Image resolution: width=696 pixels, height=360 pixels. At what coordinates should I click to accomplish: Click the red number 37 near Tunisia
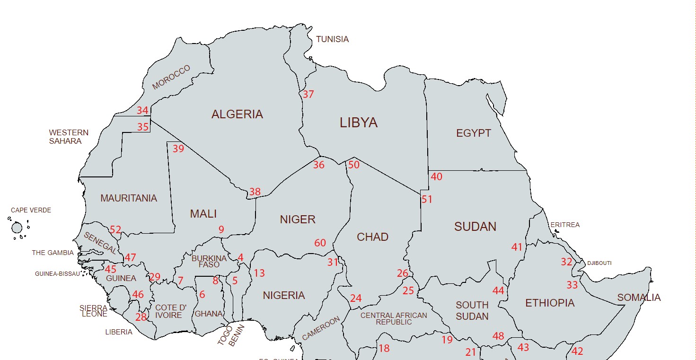(308, 94)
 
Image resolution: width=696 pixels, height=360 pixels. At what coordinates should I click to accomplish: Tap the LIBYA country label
(359, 123)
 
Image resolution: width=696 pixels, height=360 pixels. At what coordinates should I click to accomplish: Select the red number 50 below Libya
(354, 165)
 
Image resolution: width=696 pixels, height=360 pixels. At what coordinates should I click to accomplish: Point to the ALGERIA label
(237, 114)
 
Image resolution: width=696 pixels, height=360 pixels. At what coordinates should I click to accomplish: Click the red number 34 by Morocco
(142, 111)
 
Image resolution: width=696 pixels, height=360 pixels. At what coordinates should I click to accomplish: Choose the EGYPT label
(474, 133)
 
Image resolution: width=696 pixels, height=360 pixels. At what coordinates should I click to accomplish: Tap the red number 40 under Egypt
(437, 177)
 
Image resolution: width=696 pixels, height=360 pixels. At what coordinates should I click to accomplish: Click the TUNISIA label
(332, 39)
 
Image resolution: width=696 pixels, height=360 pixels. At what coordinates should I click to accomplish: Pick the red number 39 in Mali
(178, 149)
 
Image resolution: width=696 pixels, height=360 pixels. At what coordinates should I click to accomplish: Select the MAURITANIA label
(129, 199)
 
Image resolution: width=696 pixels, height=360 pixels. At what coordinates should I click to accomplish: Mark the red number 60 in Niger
(320, 243)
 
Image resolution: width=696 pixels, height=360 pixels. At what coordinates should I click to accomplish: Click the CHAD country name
(373, 237)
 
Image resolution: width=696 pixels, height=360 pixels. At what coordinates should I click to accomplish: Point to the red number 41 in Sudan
(517, 247)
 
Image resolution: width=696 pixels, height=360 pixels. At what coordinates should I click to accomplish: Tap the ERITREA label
(565, 225)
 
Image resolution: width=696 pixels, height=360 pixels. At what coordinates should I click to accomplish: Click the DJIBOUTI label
(599, 263)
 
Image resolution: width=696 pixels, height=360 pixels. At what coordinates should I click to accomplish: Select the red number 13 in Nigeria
(259, 273)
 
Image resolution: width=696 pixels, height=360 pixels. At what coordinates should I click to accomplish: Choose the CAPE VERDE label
(31, 210)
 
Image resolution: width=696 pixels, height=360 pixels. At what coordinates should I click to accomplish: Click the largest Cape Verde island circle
(17, 228)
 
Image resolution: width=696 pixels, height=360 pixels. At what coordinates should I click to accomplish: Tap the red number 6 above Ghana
(203, 295)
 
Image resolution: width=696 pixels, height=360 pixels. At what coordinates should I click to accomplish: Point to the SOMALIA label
(639, 298)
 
